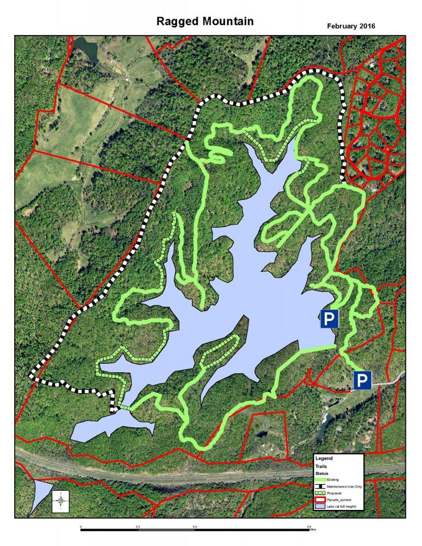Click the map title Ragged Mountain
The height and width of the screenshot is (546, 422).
pos(205,21)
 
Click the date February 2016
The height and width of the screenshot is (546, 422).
pos(350,26)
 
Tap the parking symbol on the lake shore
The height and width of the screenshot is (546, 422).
pos(329,319)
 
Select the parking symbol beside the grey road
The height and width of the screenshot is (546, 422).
pos(362,379)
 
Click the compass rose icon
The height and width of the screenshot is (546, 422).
pos(61,500)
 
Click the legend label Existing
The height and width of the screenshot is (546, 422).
pos(334,479)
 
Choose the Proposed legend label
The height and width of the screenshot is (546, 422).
pos(334,493)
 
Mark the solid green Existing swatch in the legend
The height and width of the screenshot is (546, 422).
pos(320,479)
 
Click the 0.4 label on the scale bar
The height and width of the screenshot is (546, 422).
pos(195,526)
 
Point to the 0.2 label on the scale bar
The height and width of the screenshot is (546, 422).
pos(138,526)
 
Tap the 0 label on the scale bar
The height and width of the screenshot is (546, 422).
pos(81,526)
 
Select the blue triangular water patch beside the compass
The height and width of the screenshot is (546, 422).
pos(41,494)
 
